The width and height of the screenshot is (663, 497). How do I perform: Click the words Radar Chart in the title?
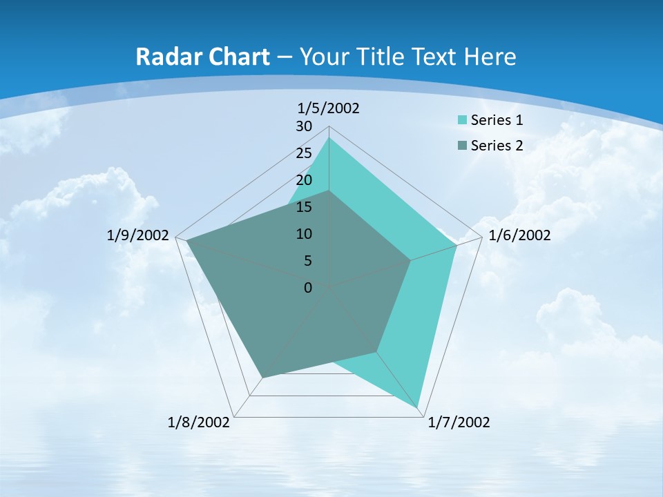(202, 57)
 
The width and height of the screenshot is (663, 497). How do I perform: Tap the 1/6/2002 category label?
(519, 235)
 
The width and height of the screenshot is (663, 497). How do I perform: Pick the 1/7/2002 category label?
(459, 422)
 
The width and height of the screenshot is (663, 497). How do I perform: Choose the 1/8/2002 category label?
(199, 422)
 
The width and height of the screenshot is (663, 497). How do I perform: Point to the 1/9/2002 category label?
(138, 235)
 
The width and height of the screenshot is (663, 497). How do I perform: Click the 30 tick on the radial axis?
(304, 126)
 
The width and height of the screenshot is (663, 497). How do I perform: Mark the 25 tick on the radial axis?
(304, 153)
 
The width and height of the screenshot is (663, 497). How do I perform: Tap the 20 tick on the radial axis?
(304, 180)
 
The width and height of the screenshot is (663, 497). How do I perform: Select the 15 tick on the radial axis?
(304, 207)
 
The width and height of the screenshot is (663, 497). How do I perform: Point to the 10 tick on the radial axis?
(304, 234)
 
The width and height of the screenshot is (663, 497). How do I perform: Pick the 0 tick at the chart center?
(308, 288)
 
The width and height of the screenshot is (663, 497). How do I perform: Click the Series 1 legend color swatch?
(462, 120)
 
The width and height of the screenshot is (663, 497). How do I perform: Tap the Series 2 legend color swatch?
(462, 145)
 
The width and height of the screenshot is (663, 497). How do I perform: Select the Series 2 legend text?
(497, 145)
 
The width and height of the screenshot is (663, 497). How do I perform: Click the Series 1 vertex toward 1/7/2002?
(418, 407)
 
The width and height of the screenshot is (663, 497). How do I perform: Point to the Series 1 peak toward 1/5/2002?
(329, 138)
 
